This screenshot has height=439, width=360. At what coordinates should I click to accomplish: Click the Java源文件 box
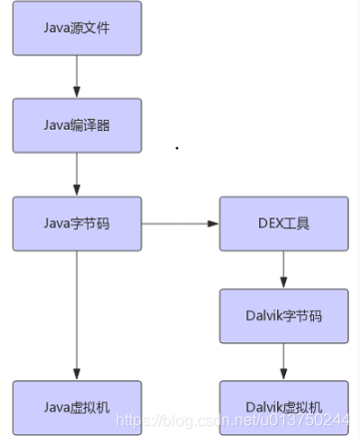coord(77,28)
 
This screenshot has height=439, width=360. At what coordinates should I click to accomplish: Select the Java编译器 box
coord(77,125)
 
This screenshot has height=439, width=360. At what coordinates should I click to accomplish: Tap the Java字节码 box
coord(77,222)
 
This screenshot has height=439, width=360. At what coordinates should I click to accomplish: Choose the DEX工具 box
coord(284,222)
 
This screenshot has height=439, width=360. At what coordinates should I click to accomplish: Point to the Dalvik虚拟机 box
coord(284,406)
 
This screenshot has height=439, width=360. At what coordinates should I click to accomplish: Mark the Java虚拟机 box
coord(77,406)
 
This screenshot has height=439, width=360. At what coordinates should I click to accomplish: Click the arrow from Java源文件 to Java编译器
coord(77,76)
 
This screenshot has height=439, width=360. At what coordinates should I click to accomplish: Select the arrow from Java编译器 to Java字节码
coord(77,174)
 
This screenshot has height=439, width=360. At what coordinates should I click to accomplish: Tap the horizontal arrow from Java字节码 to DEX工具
coord(180,222)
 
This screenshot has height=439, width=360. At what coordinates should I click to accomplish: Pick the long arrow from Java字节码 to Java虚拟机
coord(77,314)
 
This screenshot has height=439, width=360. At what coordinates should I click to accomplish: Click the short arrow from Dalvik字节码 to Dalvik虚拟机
coord(284,361)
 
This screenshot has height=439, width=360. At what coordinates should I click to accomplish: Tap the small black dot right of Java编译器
coord(178,148)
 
